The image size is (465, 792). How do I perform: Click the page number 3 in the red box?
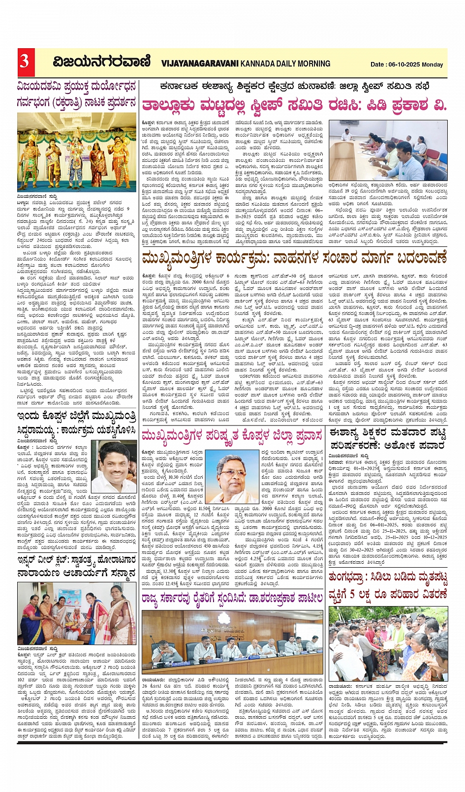24,61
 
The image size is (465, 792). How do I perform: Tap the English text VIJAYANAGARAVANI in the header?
200,63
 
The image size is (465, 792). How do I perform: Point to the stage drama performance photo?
77,152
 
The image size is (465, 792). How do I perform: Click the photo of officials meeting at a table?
388,151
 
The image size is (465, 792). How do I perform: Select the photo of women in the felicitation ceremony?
77,613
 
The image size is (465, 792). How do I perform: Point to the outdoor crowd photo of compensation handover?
388,643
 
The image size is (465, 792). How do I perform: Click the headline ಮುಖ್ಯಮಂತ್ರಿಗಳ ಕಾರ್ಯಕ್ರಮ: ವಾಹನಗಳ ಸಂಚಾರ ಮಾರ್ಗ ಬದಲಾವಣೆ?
294,258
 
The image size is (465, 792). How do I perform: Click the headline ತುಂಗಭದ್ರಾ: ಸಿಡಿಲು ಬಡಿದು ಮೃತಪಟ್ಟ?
388,576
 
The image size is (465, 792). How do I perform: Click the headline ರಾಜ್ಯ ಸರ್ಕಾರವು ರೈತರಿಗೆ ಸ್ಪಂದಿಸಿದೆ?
232,598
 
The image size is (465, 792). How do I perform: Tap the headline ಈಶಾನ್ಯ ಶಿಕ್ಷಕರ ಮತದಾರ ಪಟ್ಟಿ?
388,433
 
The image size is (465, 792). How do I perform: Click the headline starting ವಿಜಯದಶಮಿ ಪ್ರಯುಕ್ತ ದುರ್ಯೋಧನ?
77,88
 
